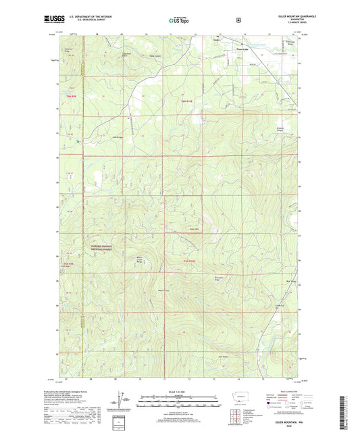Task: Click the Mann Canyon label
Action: click(x=156, y=56)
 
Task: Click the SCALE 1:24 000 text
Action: click(x=179, y=394)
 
